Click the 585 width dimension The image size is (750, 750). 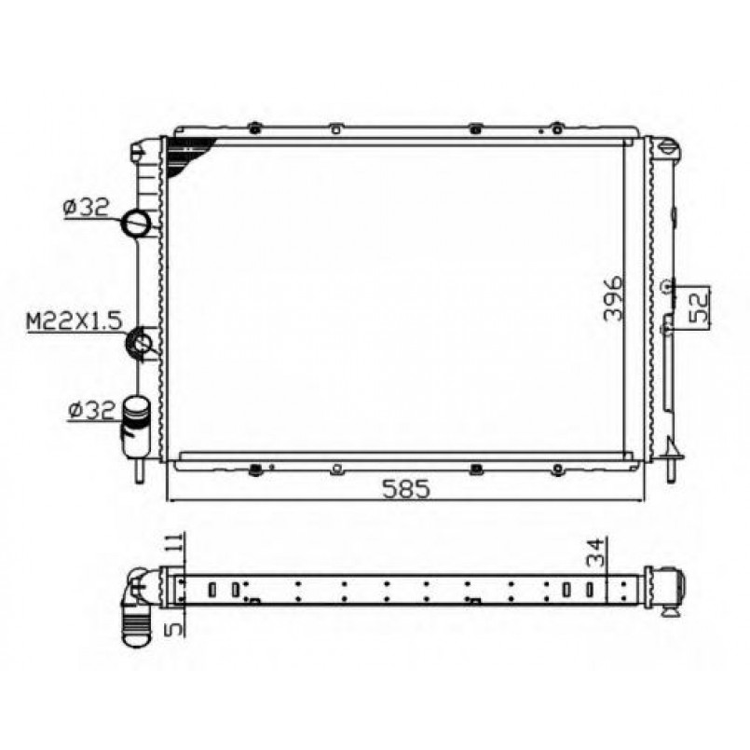click(x=406, y=489)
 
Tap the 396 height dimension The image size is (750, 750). click(x=614, y=298)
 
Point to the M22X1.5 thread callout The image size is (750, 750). click(x=75, y=321)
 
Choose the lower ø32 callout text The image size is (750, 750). click(x=92, y=411)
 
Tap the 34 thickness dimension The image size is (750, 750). click(x=595, y=552)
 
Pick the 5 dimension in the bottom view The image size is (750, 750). click(x=175, y=627)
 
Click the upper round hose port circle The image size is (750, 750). click(x=137, y=223)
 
